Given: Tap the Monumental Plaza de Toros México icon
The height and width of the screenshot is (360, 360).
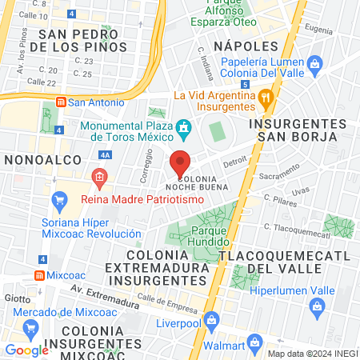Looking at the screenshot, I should click(x=185, y=127).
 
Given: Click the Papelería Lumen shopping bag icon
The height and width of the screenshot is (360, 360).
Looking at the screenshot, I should click(x=314, y=62).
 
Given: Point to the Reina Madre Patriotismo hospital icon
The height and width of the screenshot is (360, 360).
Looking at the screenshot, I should click(x=99, y=177).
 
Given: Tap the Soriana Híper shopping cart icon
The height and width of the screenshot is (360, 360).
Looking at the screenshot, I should click(x=58, y=199).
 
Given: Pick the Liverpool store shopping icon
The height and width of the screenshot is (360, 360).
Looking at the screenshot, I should click(x=210, y=321).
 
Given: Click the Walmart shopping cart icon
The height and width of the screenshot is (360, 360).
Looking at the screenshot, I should click(x=254, y=343).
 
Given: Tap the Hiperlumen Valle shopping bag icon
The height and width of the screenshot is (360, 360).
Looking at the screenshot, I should click(x=318, y=305).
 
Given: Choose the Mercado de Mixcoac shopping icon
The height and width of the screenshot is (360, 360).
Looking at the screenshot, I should click(x=30, y=327).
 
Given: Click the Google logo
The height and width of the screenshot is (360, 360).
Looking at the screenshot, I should click(x=27, y=350).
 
